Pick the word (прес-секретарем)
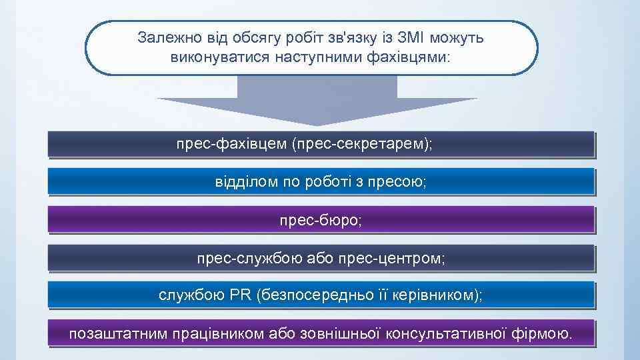(362, 145)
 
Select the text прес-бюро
(321, 219)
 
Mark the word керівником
(436, 295)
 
